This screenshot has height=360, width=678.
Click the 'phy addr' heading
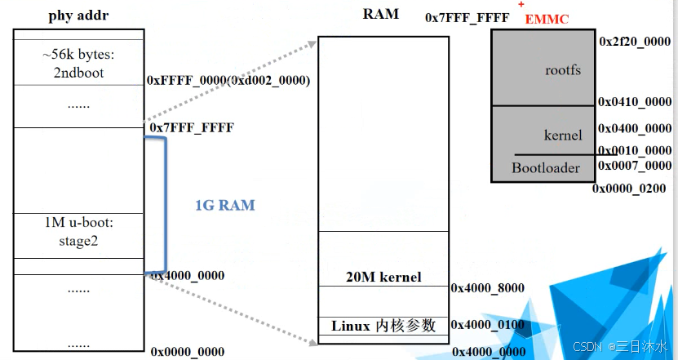[78, 16]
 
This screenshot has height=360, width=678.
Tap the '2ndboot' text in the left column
[78, 73]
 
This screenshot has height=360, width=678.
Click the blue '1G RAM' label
[224, 206]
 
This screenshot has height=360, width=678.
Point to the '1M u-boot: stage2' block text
[78, 233]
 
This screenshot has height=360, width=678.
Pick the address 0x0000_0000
[188, 352]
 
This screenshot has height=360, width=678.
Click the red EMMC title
[547, 19]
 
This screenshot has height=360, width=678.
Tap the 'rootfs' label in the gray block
[563, 70]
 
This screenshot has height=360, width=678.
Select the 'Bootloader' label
[546, 168]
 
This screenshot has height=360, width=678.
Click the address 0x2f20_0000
[635, 41]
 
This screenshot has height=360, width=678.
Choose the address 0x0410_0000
[635, 102]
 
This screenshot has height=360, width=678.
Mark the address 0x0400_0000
[635, 129]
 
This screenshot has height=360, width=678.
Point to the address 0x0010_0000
[635, 151]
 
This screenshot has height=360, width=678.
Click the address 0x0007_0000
[635, 166]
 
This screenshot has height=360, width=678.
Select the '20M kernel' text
[383, 278]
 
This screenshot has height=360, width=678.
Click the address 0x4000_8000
[488, 288]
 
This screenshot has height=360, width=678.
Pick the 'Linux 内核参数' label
[383, 326]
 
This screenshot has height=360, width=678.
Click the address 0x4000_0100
[488, 325]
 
